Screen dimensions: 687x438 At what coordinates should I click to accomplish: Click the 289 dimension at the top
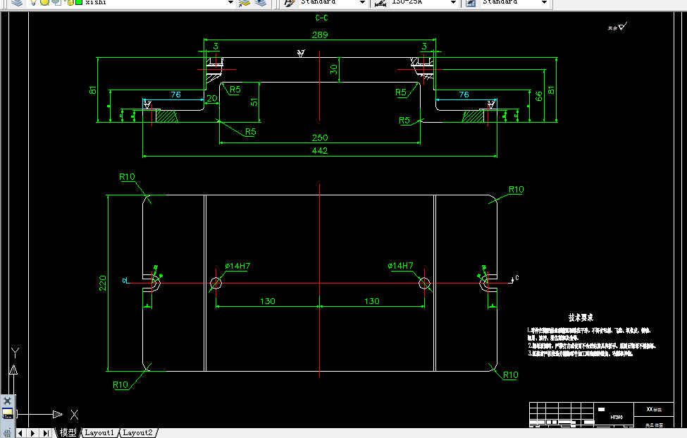(319, 34)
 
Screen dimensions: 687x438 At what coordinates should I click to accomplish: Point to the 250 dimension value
(319, 138)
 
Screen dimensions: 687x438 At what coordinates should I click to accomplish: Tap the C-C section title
(321, 18)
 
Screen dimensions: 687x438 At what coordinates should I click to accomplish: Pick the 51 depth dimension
(254, 102)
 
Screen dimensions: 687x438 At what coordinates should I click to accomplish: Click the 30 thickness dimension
(335, 69)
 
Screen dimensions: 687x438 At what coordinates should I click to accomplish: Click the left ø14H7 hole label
(237, 266)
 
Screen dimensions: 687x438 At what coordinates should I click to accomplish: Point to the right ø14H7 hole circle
(424, 283)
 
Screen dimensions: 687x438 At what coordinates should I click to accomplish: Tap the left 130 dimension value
(267, 301)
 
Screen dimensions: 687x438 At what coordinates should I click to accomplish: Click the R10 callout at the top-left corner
(127, 177)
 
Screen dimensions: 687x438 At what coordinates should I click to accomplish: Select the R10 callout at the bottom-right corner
(510, 375)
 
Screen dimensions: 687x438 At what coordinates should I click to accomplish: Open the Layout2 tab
(137, 432)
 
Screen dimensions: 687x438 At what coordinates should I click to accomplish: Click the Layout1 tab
(99, 432)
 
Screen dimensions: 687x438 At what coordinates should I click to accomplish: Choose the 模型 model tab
(68, 432)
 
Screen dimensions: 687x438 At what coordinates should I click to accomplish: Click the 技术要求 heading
(581, 318)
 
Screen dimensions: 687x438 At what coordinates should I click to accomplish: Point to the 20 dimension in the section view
(211, 99)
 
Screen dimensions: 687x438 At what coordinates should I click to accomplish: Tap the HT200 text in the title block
(617, 417)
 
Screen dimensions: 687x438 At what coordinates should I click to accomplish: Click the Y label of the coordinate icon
(15, 351)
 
